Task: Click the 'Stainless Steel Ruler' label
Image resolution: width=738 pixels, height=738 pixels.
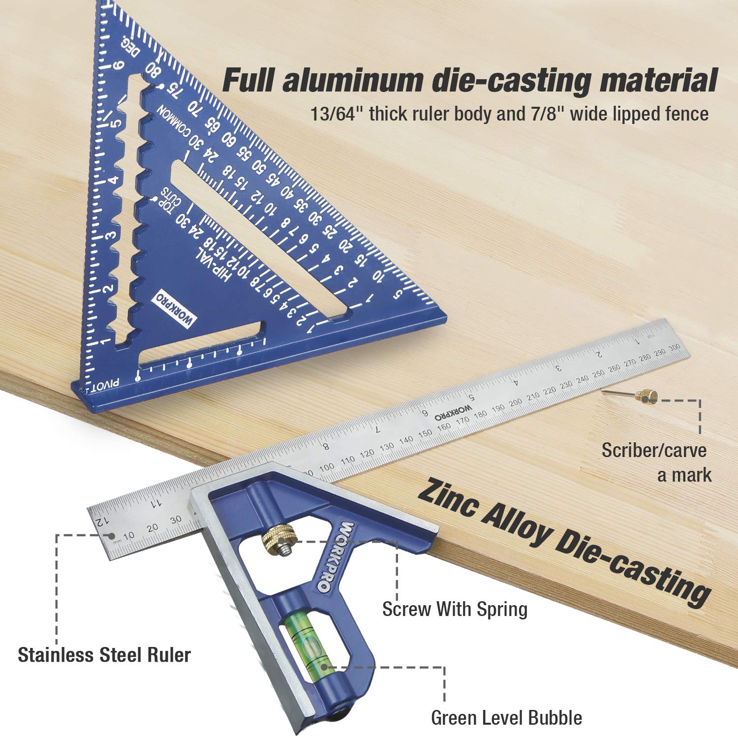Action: (x=104, y=655)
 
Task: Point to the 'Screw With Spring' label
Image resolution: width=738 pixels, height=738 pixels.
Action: (x=455, y=609)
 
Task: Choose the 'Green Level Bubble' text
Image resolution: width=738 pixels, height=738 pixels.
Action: (x=506, y=718)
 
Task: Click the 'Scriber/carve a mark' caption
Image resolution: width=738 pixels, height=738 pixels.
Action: (x=656, y=462)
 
